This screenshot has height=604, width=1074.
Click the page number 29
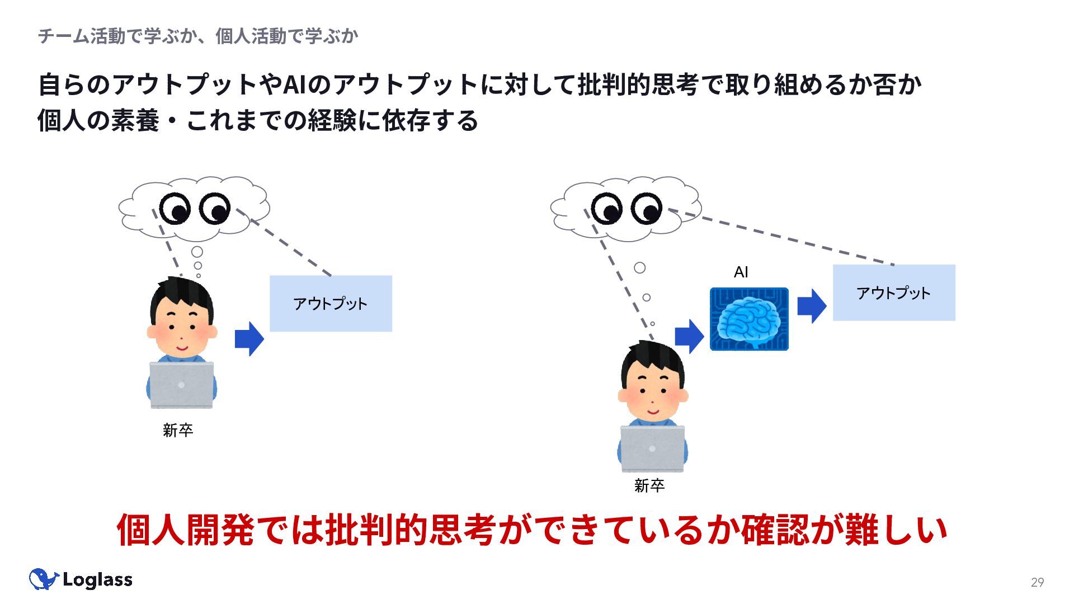point(1037,582)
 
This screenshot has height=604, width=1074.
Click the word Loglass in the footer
point(97,580)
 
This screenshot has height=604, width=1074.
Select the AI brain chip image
point(749,319)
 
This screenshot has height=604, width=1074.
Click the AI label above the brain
point(741,272)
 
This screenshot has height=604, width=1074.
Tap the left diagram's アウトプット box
point(331,304)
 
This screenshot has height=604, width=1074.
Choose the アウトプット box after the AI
point(894,292)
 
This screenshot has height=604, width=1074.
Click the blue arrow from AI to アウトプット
point(812,306)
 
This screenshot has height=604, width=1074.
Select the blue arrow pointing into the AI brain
point(689,336)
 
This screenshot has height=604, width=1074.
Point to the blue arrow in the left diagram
point(249,339)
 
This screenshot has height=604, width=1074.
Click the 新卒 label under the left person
point(178,430)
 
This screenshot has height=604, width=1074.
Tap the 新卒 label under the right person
point(649,485)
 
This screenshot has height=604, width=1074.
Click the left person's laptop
point(181,385)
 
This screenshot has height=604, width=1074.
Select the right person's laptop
point(652,449)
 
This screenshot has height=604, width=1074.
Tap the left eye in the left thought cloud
point(175,209)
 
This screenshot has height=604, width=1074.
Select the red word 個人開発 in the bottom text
point(185,529)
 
